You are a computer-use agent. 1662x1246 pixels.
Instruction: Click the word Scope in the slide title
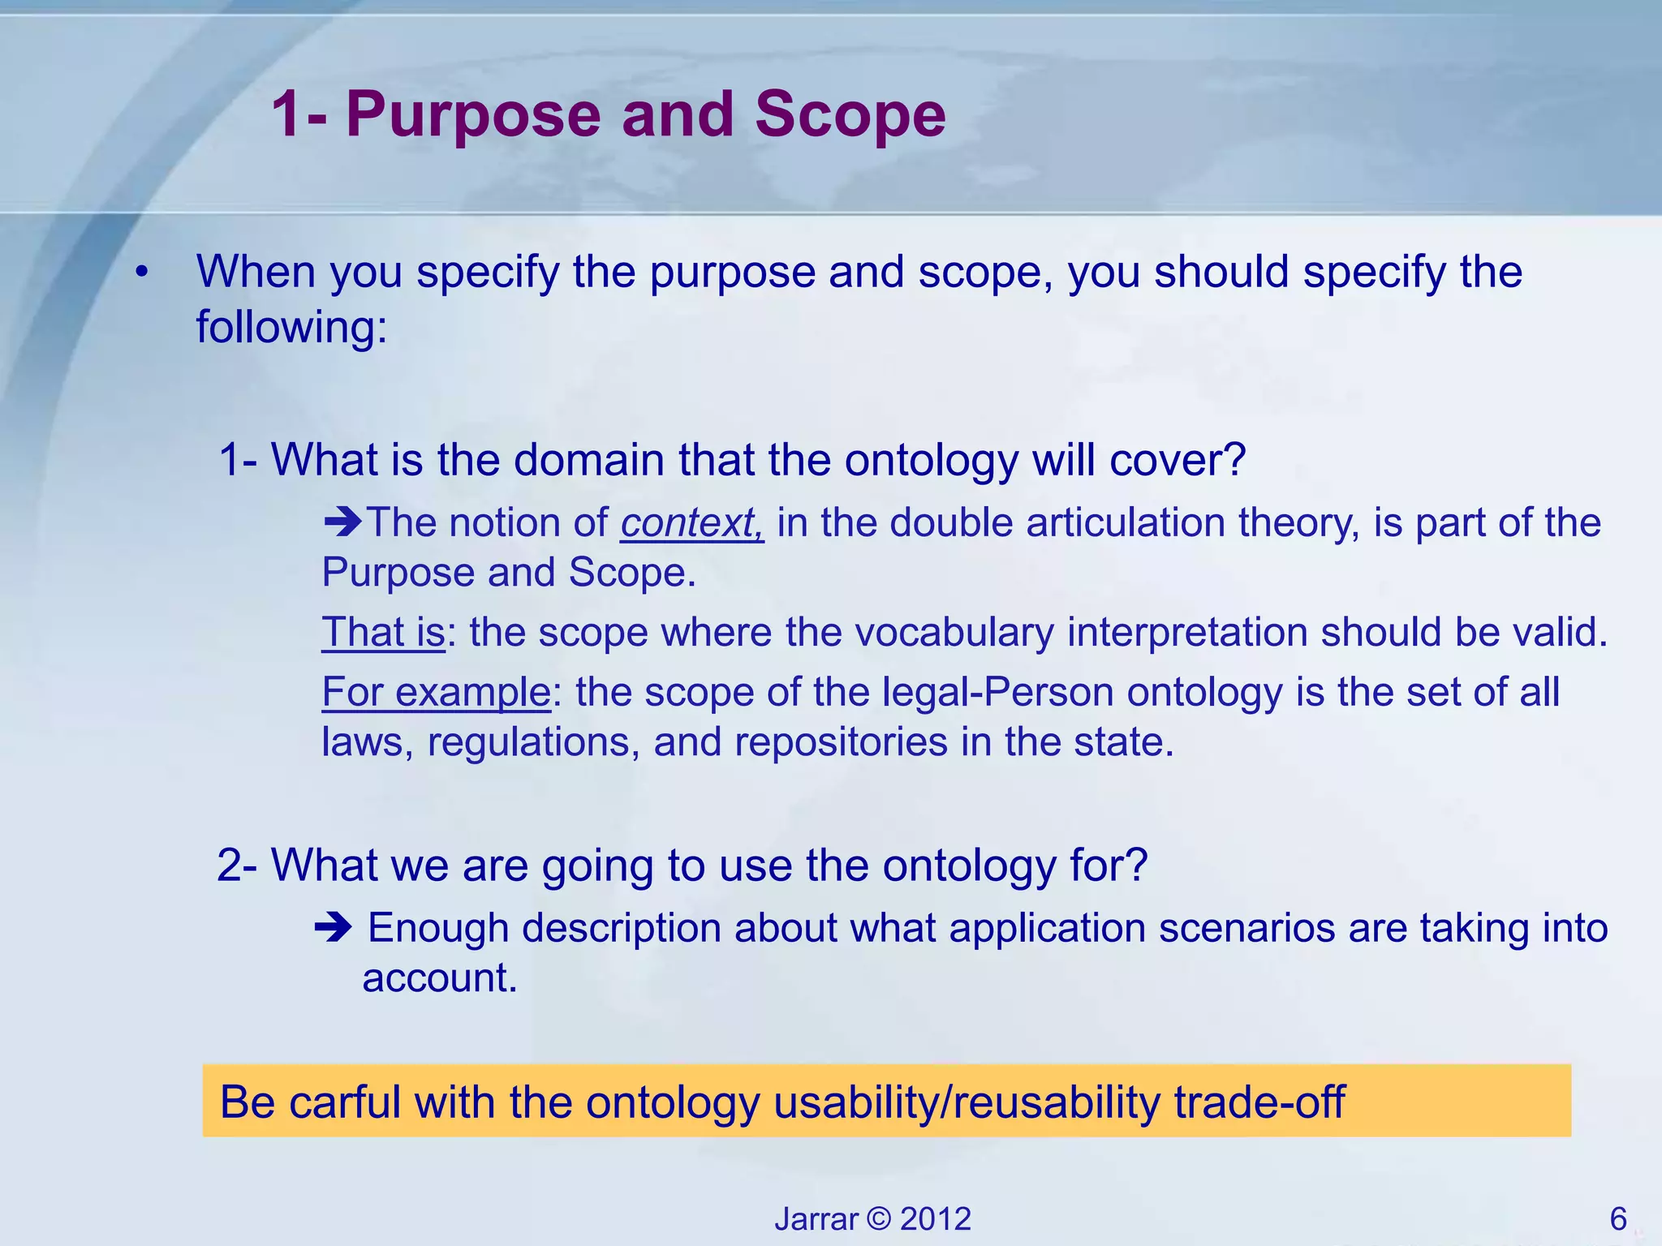coord(850,115)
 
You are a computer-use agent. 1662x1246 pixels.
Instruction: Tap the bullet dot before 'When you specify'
coord(142,273)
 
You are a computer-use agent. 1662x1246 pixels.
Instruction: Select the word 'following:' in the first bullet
coord(291,327)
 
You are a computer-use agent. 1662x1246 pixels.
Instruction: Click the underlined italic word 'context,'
coord(691,522)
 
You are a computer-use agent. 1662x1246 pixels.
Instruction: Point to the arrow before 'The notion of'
coord(342,521)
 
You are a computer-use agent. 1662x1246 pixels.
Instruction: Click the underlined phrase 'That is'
coord(383,632)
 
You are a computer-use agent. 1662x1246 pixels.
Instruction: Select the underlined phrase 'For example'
coord(436,692)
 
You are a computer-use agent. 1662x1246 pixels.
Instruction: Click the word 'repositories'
coord(841,741)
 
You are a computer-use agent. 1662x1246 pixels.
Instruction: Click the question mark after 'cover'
coord(1234,460)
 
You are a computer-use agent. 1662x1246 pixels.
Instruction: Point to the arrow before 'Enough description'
coord(334,926)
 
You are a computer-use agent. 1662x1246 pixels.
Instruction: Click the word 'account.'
coord(439,977)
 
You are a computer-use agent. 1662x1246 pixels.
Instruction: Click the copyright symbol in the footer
coord(878,1219)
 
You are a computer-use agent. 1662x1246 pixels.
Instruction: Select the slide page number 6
coord(1617,1219)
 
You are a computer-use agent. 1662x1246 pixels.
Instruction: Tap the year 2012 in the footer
coord(935,1219)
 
